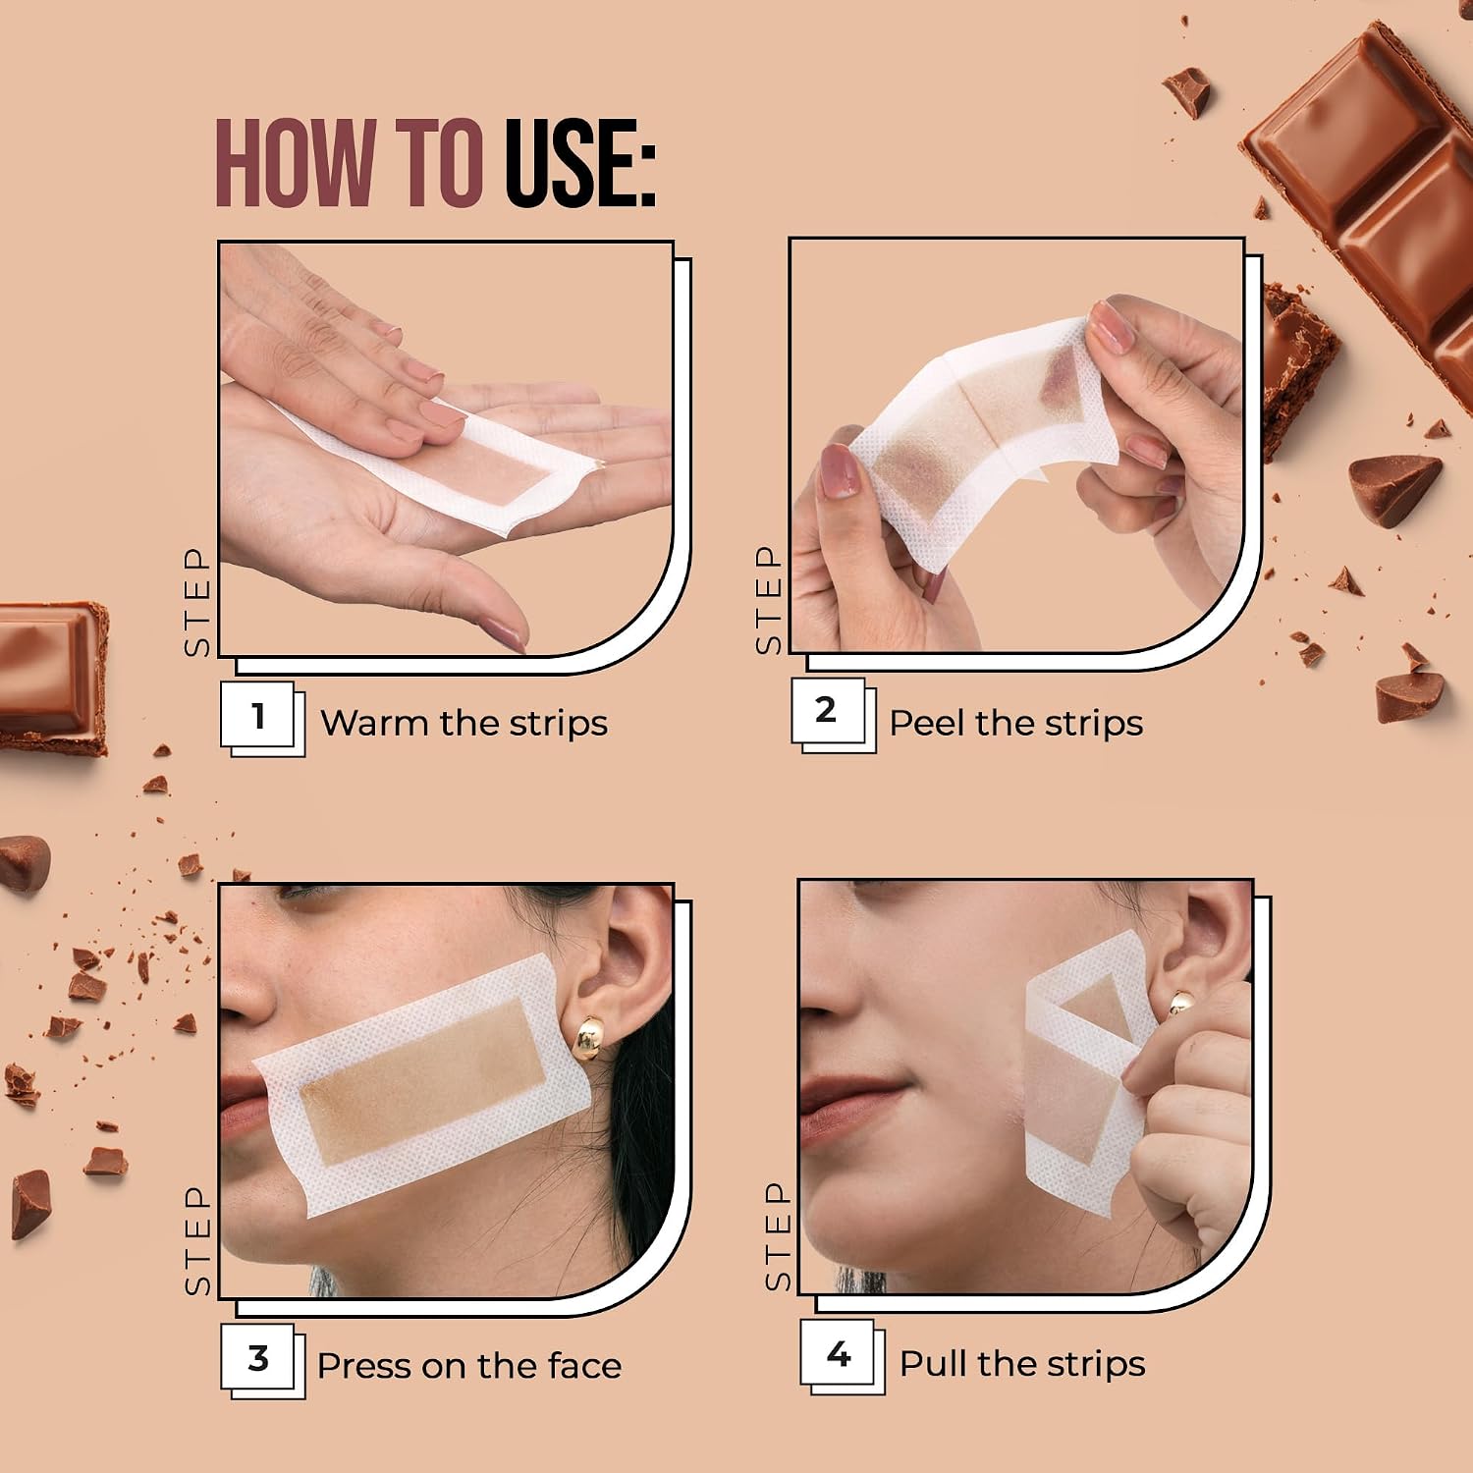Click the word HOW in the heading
coord(296,164)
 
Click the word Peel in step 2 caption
coord(927,723)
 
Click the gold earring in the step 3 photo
coord(592,1041)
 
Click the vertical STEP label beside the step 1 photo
coord(197,602)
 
